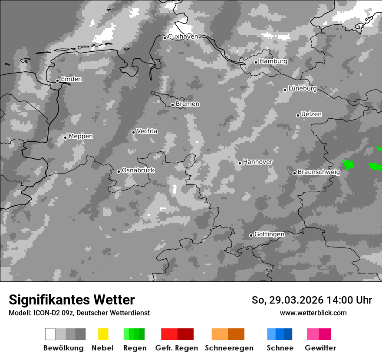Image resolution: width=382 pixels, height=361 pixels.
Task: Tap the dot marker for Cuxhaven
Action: pos(165,38)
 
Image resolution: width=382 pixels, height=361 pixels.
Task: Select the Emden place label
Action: pos(71,79)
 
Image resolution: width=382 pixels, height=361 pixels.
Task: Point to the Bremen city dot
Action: pos(172,105)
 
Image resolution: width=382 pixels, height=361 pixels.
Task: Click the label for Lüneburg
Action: pos(302,89)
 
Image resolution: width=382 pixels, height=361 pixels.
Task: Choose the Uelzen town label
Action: pos(311,114)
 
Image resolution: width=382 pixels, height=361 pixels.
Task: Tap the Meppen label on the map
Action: pos(81,136)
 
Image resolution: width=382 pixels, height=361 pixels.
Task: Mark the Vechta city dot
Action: pos(134,132)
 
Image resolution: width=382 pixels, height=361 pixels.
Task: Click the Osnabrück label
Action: pos(138,170)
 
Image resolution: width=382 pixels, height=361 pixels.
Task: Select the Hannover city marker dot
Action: pos(240,163)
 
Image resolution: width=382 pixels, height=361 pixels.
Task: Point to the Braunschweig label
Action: pos(319,172)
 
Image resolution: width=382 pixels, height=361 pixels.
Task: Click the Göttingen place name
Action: pos(269,234)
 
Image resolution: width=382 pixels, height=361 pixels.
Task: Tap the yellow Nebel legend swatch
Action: pos(103,334)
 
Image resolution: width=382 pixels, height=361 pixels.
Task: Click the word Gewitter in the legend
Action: pos(320,348)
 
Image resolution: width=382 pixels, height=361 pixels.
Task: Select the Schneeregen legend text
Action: pos(229,348)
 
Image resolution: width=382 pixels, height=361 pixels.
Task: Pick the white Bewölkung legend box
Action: pos(50,334)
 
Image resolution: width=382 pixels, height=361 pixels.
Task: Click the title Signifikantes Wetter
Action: pos(72,300)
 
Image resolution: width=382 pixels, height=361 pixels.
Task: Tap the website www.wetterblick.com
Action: pos(313,313)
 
